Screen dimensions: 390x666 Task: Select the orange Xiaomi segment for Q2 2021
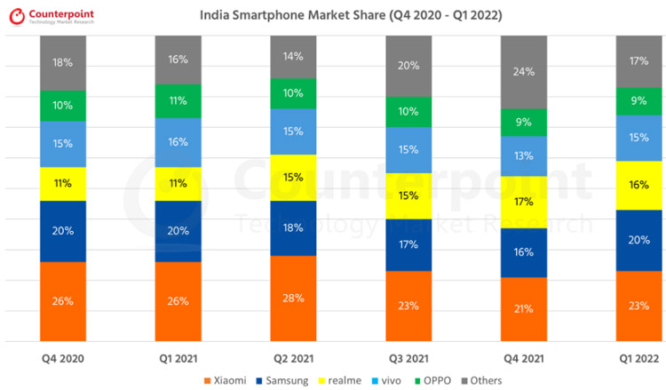pos(293,298)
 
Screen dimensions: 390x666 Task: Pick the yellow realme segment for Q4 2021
pos(524,202)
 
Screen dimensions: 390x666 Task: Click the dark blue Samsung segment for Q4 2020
pos(63,231)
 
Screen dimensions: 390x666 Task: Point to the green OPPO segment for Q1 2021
pos(178,101)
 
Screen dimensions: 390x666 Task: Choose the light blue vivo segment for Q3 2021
pos(408,149)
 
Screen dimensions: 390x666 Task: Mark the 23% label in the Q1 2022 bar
pos(639,305)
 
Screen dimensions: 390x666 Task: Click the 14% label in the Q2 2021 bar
pos(293,56)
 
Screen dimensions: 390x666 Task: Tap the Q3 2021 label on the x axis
pos(408,359)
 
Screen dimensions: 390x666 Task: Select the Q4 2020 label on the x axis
pos(63,359)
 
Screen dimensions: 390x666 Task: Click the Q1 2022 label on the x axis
pos(638,359)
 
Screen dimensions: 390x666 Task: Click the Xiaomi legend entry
pos(229,380)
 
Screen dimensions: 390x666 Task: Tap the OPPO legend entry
pos(434,380)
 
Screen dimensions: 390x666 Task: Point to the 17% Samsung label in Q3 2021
pos(408,244)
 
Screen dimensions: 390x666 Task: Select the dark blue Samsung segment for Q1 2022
pos(639,240)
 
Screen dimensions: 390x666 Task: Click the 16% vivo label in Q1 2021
pos(178,141)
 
